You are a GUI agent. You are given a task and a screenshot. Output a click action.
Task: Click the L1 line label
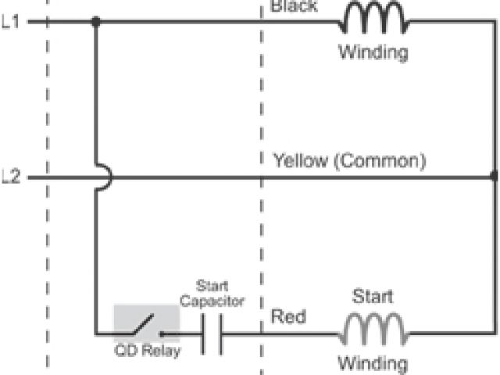pos(10,22)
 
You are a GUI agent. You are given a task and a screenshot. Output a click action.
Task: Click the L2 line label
pos(10,178)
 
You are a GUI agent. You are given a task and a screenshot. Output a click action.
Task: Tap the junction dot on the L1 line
pos(95,22)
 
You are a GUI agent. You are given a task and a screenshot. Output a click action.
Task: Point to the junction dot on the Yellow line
pos(494,177)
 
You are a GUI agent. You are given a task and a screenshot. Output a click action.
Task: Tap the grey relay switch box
pos(146,321)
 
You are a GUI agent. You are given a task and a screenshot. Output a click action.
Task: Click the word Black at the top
pos(294,6)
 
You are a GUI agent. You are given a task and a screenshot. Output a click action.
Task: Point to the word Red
pos(288,317)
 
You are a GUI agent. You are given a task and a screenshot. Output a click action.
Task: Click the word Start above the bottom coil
pos(373,297)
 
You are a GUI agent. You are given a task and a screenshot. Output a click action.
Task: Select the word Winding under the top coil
pos(373,54)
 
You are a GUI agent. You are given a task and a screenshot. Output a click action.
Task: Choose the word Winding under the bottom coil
pos(373,362)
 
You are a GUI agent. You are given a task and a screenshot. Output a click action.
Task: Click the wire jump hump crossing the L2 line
pos(105,178)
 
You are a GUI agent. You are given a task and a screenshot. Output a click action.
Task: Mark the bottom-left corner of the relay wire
pos(95,334)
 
